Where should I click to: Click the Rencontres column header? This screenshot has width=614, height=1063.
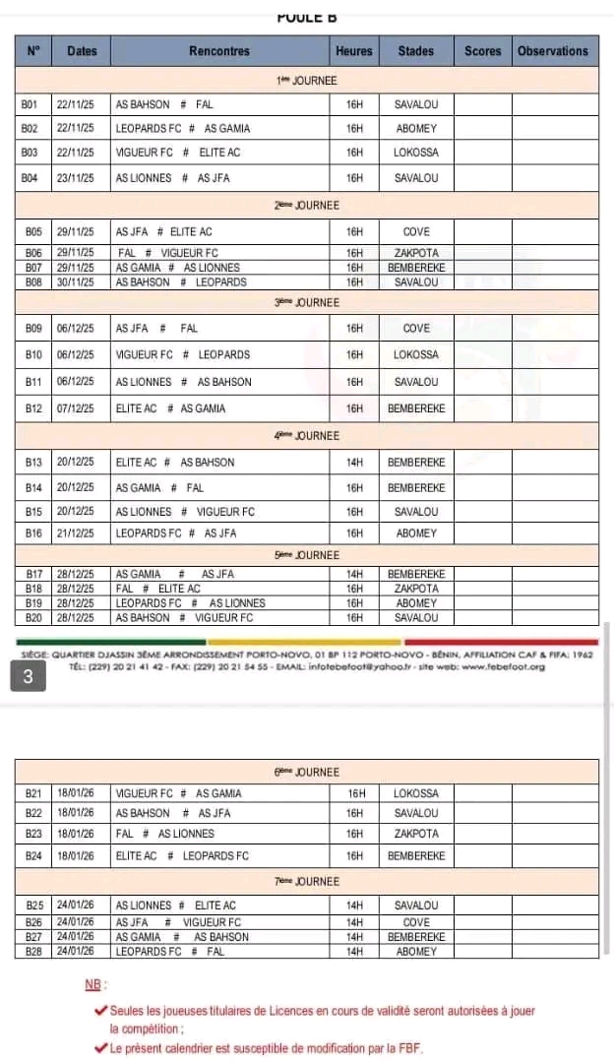pyautogui.click(x=218, y=51)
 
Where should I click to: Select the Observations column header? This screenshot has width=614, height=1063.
pyautogui.click(x=552, y=51)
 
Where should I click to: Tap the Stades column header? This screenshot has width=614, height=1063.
pyautogui.click(x=416, y=51)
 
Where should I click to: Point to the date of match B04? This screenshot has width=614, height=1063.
pyautogui.click(x=76, y=178)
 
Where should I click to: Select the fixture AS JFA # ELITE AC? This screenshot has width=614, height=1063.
pyautogui.click(x=163, y=232)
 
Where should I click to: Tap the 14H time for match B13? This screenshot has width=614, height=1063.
pyautogui.click(x=354, y=462)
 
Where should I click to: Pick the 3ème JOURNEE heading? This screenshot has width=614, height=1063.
pyautogui.click(x=306, y=301)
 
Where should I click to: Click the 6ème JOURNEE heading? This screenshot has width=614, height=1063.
pyautogui.click(x=306, y=773)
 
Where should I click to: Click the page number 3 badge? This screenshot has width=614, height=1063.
pyautogui.click(x=29, y=677)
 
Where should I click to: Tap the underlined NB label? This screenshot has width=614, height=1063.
pyautogui.click(x=93, y=985)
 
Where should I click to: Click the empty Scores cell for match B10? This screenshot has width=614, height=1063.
pyautogui.click(x=482, y=354)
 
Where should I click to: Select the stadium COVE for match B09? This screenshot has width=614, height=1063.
pyautogui.click(x=416, y=329)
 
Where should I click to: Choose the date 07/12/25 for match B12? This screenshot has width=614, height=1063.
pyautogui.click(x=76, y=408)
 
